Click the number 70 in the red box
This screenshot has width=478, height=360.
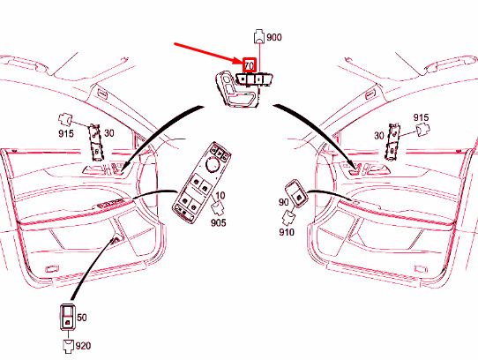(249, 65)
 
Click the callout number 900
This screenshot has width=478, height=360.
(274, 37)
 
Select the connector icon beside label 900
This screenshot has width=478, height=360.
(258, 36)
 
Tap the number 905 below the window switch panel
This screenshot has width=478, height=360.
(218, 222)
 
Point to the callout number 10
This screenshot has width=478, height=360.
(220, 195)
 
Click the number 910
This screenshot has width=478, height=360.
(287, 232)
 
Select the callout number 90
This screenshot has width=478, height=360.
(283, 202)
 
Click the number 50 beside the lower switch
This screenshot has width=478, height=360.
(82, 318)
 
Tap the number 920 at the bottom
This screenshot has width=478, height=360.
(83, 346)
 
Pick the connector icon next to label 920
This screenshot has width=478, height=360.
(68, 346)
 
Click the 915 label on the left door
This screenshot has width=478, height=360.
(66, 133)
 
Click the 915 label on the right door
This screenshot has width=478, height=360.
(421, 117)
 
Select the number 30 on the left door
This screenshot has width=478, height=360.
(109, 133)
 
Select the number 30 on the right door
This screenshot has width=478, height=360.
(379, 135)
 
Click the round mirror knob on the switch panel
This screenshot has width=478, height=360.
(213, 164)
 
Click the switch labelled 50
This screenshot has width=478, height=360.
(68, 317)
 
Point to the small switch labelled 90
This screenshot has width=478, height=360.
(296, 194)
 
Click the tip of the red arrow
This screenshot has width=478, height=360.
(243, 64)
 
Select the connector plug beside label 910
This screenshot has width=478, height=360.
(288, 218)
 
